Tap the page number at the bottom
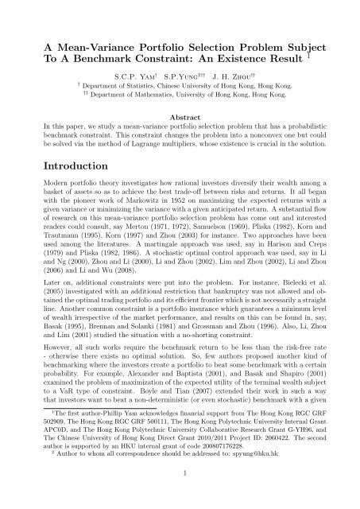(180, 497)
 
